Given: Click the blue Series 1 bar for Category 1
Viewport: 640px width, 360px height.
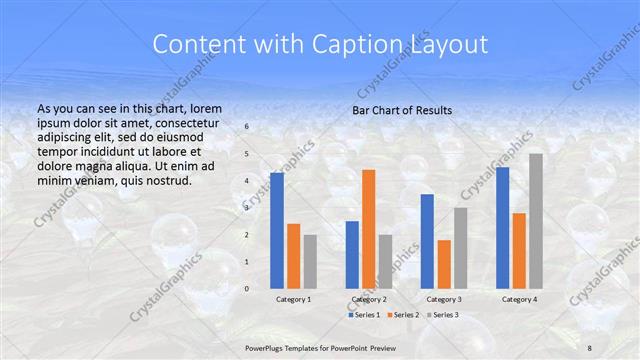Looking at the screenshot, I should click(277, 231).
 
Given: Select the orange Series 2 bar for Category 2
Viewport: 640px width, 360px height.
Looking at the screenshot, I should click(368, 229).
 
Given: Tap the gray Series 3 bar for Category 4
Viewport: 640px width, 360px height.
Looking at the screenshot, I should click(535, 221).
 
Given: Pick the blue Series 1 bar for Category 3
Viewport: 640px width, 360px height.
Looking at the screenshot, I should click(427, 241).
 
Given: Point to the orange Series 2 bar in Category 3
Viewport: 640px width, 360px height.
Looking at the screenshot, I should click(443, 264).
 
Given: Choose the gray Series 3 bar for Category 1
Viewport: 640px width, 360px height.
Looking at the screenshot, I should click(310, 261).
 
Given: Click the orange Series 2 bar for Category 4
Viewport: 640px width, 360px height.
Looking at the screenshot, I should click(519, 251).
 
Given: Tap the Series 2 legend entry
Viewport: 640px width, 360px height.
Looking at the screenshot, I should click(403, 315).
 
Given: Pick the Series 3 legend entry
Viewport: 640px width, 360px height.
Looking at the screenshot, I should click(443, 315).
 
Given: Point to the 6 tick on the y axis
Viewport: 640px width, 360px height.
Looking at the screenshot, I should click(248, 127).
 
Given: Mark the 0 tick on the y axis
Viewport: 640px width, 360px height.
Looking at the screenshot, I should click(248, 288).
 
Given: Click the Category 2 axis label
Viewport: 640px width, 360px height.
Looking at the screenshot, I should click(368, 299).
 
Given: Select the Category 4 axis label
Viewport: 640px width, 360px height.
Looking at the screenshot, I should click(519, 299).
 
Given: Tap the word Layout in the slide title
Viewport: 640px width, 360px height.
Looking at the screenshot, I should click(449, 45).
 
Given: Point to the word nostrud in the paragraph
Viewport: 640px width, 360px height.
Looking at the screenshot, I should click(165, 180).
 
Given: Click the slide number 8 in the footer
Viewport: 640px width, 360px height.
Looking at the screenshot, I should click(590, 346).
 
